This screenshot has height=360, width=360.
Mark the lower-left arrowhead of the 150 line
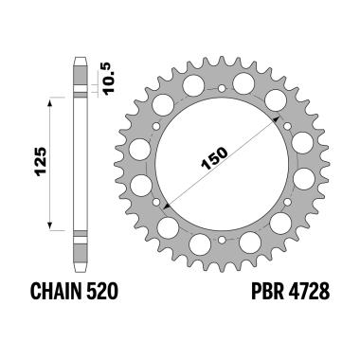point(165,203)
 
